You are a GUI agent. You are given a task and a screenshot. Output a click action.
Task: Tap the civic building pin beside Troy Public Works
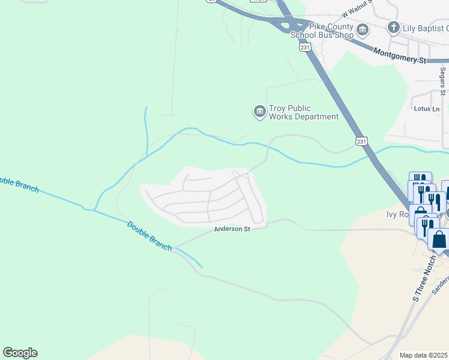click(x=259, y=112)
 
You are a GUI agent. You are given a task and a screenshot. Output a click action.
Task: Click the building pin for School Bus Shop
click(x=363, y=30)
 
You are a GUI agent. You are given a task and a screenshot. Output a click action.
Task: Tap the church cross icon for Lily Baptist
click(x=393, y=27)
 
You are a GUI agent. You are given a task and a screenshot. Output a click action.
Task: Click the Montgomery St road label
click(x=399, y=56)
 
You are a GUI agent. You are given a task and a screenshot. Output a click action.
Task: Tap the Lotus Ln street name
click(x=427, y=109)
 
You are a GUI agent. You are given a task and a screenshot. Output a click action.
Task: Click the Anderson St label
click(x=232, y=229)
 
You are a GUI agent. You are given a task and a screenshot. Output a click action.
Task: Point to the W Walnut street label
click(x=357, y=11)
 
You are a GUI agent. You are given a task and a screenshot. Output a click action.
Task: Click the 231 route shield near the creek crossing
click(x=361, y=141)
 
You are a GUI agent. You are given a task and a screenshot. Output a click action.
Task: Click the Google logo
click(x=20, y=353)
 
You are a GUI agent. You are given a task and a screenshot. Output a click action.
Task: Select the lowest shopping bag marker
click(x=439, y=239)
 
